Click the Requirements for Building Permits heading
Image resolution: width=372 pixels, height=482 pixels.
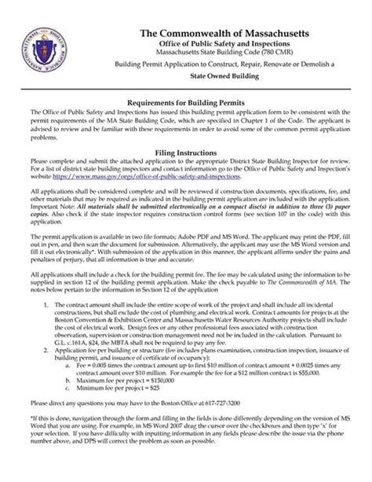pos(186,103)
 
